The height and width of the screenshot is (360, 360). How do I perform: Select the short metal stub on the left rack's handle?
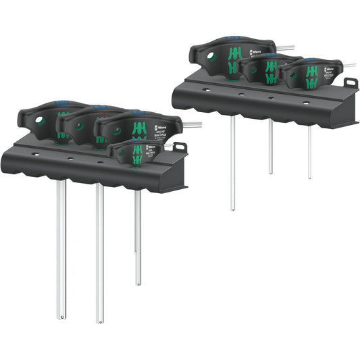click(193, 124)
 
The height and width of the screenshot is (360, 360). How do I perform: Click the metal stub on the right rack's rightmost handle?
click(350, 66)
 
